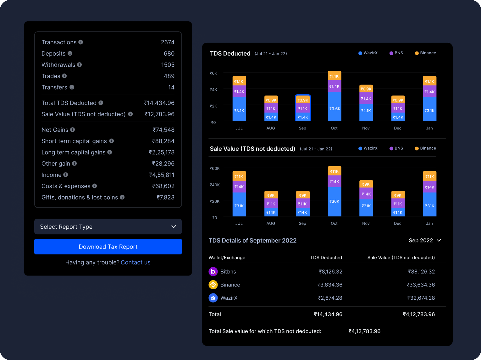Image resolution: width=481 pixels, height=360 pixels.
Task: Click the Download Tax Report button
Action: click(108, 247)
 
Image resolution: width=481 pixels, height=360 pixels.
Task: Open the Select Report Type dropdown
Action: click(108, 226)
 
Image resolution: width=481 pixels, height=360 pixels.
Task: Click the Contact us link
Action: click(135, 262)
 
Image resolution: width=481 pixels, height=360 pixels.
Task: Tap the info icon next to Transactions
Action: click(81, 42)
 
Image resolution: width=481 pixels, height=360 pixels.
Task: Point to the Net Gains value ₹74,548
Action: click(163, 130)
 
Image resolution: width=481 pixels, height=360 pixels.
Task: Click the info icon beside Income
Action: click(66, 175)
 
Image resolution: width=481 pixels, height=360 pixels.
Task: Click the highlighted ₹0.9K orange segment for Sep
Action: click(303, 100)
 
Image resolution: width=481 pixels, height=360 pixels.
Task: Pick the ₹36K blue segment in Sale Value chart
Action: click(334, 201)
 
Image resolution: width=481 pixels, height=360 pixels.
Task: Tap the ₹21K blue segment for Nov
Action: click(366, 206)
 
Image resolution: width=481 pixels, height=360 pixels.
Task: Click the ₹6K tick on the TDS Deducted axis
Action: click(213, 73)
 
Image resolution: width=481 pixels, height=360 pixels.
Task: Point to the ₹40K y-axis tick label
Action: click(215, 185)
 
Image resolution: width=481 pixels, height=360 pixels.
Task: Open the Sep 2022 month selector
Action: click(425, 240)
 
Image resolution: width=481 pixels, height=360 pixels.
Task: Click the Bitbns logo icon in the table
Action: click(213, 271)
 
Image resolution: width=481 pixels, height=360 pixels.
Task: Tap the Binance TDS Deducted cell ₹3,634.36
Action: click(329, 285)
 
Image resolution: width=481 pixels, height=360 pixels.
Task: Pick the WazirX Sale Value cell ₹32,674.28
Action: click(421, 298)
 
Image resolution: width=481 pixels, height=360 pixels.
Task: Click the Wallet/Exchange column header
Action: click(227, 258)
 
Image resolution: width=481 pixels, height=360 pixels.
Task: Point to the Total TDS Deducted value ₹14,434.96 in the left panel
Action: click(159, 103)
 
